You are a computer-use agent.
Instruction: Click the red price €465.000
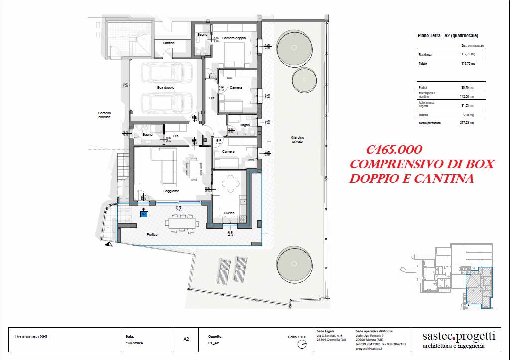[394, 150]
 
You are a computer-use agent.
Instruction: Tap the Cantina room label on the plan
[168, 43]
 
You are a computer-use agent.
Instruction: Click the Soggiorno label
[171, 191]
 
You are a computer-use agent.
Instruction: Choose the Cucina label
[229, 213]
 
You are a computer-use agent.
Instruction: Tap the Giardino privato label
[298, 140]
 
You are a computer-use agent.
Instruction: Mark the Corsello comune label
[104, 115]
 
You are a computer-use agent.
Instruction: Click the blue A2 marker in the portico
[144, 214]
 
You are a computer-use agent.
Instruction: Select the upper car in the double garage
[161, 73]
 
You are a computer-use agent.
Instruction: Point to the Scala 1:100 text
[297, 337]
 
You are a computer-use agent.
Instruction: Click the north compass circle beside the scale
[302, 344]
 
